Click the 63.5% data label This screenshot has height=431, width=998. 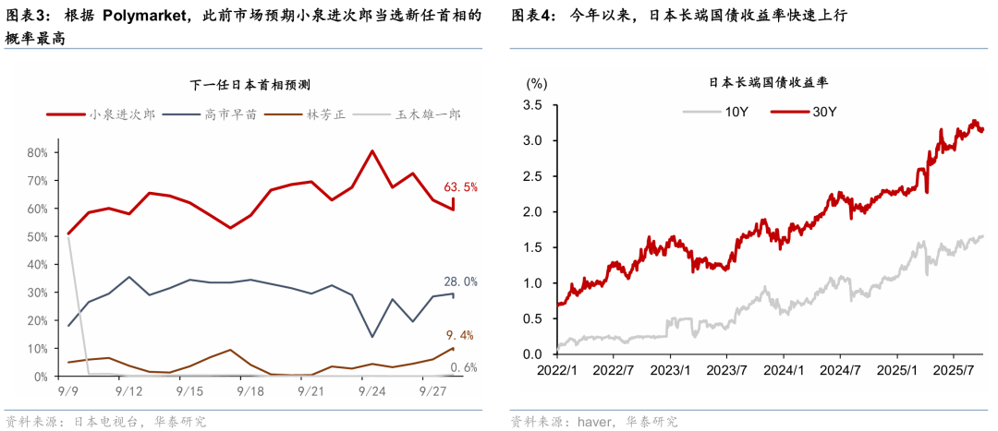tap(462, 187)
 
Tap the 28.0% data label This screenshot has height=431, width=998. tap(462, 281)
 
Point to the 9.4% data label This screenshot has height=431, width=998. tap(462, 335)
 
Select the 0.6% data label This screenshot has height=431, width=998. tap(464, 367)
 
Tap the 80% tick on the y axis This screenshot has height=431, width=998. tap(38, 151)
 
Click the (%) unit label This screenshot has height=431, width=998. tap(537, 83)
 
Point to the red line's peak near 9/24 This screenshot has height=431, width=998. tap(371, 150)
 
